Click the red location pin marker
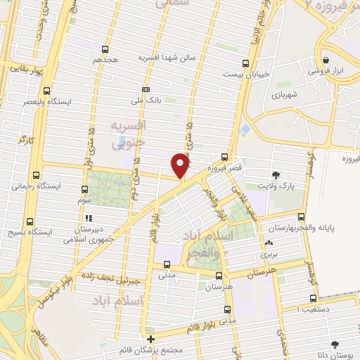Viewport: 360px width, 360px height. (181, 165)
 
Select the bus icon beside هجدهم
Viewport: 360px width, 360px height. (105, 49)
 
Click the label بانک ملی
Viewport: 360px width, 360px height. (148, 101)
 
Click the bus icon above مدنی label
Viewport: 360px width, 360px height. (167, 265)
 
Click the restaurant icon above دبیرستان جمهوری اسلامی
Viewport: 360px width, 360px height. (88, 217)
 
